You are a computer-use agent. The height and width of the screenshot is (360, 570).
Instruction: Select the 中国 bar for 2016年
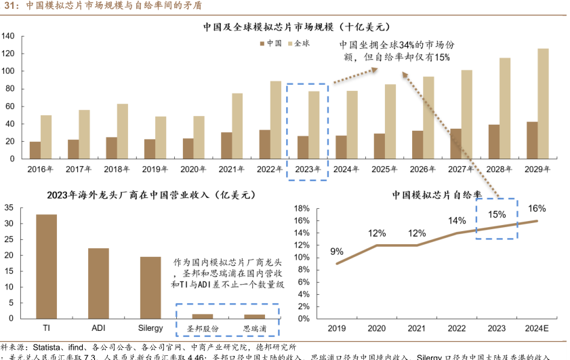[35, 150]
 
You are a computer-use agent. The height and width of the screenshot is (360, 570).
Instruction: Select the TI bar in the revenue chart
[46, 266]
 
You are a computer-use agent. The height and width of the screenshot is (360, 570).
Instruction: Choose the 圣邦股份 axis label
[202, 329]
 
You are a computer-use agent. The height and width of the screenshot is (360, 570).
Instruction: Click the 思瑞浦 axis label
[254, 329]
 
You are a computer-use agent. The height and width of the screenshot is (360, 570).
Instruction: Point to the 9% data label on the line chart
[337, 252]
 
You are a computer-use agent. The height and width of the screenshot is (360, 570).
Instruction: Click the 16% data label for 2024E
[537, 209]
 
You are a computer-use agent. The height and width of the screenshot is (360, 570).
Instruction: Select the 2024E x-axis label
[537, 329]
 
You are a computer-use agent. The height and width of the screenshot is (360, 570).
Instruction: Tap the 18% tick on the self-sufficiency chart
[303, 208]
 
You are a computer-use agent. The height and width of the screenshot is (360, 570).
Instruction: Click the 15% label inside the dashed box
[497, 215]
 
